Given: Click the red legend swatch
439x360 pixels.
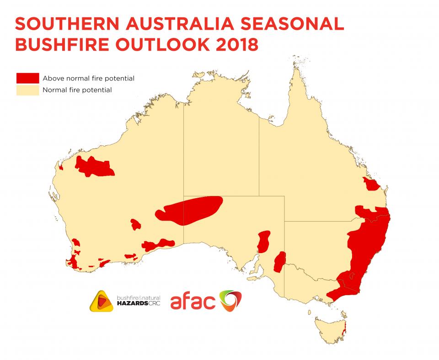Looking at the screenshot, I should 27,78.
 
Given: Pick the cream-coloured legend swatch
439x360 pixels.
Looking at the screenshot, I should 27,90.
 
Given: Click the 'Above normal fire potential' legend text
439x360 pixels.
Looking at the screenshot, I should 88,78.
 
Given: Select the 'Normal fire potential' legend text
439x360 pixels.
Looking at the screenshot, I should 77,90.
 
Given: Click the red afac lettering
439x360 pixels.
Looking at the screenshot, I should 192,301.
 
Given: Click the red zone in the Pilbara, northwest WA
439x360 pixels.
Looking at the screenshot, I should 94,167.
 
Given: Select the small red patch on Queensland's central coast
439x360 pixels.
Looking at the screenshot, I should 370,185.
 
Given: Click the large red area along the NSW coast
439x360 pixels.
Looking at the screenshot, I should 366,247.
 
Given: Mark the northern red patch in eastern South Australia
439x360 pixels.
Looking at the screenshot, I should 263,242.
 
